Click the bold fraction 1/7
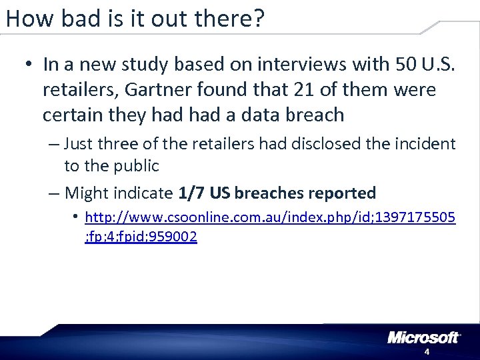[x=191, y=193]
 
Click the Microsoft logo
[x=423, y=337]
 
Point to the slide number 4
[x=427, y=351]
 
